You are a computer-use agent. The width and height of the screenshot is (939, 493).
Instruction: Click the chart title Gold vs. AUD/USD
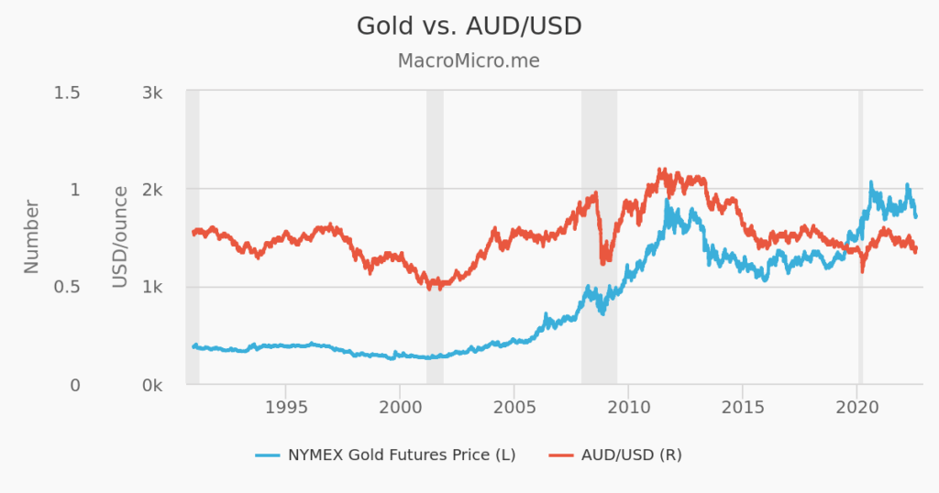pyautogui.click(x=469, y=27)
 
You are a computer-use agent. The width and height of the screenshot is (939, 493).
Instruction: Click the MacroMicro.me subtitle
pyautogui.click(x=469, y=61)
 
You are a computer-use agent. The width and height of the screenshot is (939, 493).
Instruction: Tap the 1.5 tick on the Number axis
pyautogui.click(x=67, y=93)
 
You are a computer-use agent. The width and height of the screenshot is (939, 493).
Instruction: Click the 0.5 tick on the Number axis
pyautogui.click(x=67, y=288)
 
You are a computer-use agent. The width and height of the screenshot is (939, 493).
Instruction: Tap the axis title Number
pyautogui.click(x=32, y=236)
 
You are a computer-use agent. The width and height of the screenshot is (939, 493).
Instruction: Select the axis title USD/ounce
pyautogui.click(x=120, y=236)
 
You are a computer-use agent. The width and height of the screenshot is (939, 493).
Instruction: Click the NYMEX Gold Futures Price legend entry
pyautogui.click(x=386, y=455)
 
